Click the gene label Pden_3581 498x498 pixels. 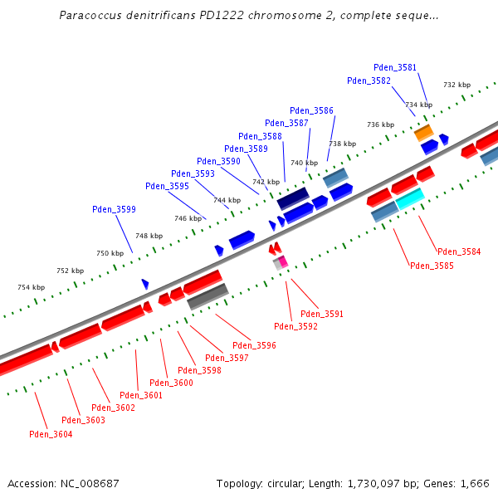coord(395,67)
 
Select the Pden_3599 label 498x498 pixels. coord(114,210)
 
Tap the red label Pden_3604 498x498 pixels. coord(51,434)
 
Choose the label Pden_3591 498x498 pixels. coord(322,314)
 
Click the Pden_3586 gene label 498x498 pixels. coord(312,110)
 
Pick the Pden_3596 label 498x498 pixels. coord(254,345)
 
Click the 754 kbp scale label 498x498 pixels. coord(31,287)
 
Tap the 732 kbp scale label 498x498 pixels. coord(456,85)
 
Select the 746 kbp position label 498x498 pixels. coord(188,218)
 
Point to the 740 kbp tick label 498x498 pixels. coord(304,163)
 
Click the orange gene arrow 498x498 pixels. coord(424,132)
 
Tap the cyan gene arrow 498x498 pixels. coord(409,199)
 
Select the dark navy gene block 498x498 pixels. coord(293,198)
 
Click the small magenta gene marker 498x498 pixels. coord(283,261)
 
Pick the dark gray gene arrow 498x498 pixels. coord(207,296)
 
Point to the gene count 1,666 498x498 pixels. coord(474,483)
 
